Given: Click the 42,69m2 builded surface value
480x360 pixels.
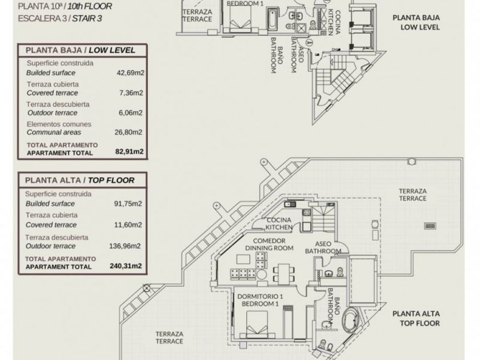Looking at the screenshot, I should coord(130,73).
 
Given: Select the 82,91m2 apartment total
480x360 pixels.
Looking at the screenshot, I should coord(129,153).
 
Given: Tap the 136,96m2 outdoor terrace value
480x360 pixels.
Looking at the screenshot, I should coord(127,246).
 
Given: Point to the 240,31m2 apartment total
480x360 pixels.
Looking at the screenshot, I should coord(126,266).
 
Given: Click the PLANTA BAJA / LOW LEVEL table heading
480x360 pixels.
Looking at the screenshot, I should coord(80,50).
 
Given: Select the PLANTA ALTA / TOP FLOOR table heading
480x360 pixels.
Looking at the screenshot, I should coord(79,180).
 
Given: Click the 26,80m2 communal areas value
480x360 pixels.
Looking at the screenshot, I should coord(130,132).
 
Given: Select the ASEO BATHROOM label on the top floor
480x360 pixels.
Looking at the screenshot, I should coord(323,247).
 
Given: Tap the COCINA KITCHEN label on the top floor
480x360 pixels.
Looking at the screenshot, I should coord(279,223).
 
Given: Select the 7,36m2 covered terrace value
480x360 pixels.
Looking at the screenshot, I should coord(130,93).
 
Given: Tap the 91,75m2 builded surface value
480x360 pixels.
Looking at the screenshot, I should coord(129,203).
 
